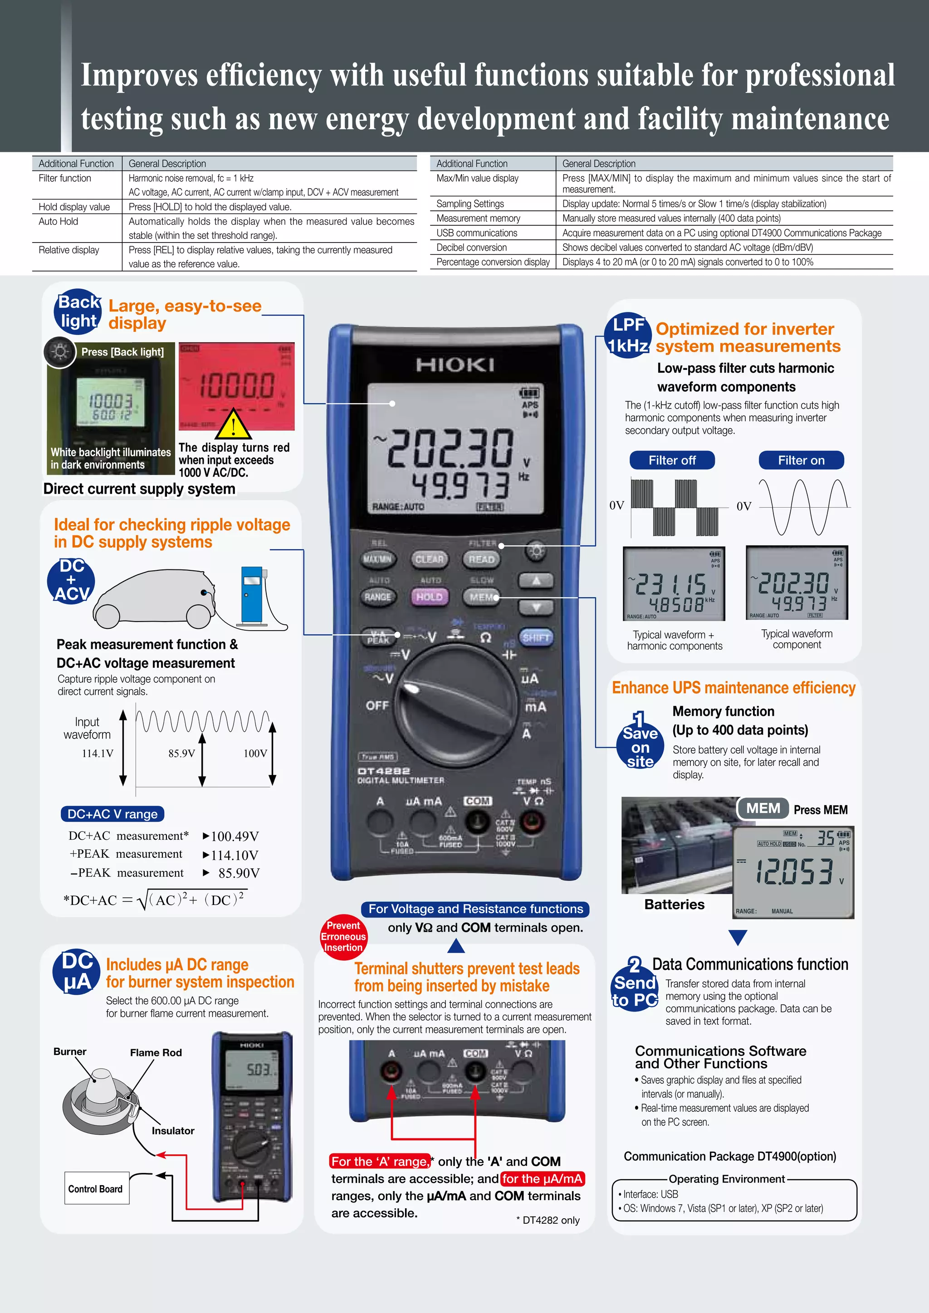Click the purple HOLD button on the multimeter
(429, 597)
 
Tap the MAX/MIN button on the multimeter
(377, 559)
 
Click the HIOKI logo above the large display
(455, 364)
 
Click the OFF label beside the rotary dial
(377, 705)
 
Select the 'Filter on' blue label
(801, 460)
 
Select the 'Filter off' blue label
(672, 460)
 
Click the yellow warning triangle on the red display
(233, 424)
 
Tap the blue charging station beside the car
(252, 594)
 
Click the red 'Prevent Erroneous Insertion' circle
(343, 936)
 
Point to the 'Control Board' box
(96, 1189)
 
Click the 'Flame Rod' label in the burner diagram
(156, 1053)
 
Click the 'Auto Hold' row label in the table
(59, 221)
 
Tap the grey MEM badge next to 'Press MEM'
(763, 808)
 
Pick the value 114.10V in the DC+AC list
(235, 855)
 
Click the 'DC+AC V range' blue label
(112, 814)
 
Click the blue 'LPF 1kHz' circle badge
(628, 335)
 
